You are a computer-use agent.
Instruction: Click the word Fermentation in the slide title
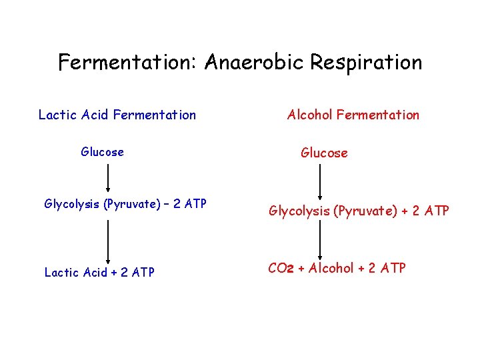(x=127, y=63)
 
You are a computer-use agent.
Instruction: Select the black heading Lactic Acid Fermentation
(x=117, y=115)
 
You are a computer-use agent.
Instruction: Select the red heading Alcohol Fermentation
(x=353, y=115)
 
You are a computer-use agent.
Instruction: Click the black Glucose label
(x=102, y=152)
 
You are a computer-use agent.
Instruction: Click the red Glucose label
(x=324, y=153)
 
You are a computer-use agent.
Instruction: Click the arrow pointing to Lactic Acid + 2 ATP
(x=108, y=241)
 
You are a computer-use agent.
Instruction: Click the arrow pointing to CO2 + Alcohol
(x=321, y=239)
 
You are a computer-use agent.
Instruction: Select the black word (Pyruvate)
(x=133, y=204)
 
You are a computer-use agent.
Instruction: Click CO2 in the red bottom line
(x=279, y=268)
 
